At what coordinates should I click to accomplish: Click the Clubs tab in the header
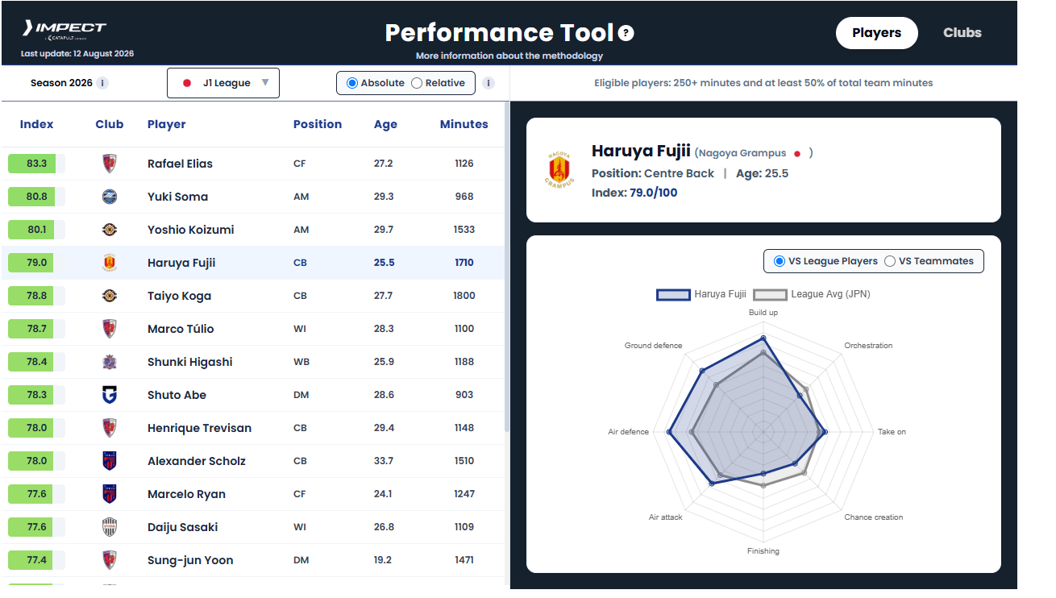[962, 32]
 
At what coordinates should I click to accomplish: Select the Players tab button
[876, 33]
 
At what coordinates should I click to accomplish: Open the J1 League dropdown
[223, 83]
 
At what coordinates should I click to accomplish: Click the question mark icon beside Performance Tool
[626, 33]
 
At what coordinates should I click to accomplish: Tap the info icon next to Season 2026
[102, 83]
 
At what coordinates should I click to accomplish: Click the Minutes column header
[464, 124]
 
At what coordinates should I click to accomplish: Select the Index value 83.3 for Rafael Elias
[36, 164]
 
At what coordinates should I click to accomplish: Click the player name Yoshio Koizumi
[190, 230]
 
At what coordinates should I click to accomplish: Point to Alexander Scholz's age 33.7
[384, 461]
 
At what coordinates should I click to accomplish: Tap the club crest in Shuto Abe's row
[110, 395]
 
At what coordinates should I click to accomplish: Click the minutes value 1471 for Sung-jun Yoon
[464, 560]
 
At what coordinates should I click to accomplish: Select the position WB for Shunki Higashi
[301, 362]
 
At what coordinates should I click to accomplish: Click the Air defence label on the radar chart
[628, 432]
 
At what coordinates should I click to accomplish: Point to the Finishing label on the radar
[763, 551]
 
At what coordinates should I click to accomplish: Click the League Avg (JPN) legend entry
[812, 294]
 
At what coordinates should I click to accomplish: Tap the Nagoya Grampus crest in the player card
[559, 169]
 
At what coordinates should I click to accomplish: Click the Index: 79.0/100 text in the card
[634, 193]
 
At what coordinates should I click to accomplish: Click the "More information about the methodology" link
[509, 56]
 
